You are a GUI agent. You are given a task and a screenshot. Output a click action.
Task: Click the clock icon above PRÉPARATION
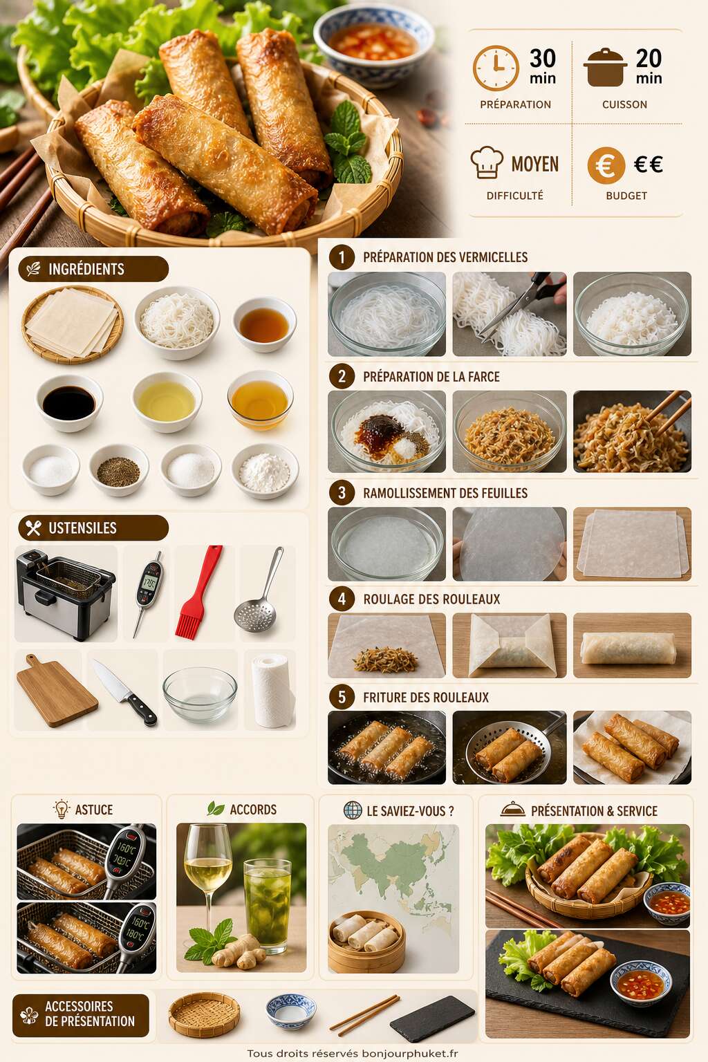click(496, 68)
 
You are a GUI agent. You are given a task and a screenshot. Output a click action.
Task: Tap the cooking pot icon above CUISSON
click(606, 68)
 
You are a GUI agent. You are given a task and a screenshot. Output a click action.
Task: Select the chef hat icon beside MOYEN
click(487, 162)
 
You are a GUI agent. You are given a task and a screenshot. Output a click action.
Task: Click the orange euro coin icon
click(606, 165)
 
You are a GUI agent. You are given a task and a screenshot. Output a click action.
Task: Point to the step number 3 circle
click(342, 493)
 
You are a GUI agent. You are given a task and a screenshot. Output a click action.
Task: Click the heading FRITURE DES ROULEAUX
click(425, 698)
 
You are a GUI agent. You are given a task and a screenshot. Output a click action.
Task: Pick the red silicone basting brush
click(198, 592)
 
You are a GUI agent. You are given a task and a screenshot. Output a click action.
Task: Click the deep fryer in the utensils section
click(66, 593)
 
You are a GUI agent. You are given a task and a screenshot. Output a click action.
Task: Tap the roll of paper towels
click(270, 690)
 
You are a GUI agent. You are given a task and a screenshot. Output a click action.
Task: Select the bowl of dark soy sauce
click(69, 402)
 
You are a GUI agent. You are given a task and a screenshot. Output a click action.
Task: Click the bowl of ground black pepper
click(118, 470)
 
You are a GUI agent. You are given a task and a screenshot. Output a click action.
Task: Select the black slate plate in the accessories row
click(431, 1018)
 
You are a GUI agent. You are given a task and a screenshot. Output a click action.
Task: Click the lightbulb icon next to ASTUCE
click(61, 809)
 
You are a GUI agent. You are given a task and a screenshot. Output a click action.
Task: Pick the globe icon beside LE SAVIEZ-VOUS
click(353, 810)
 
